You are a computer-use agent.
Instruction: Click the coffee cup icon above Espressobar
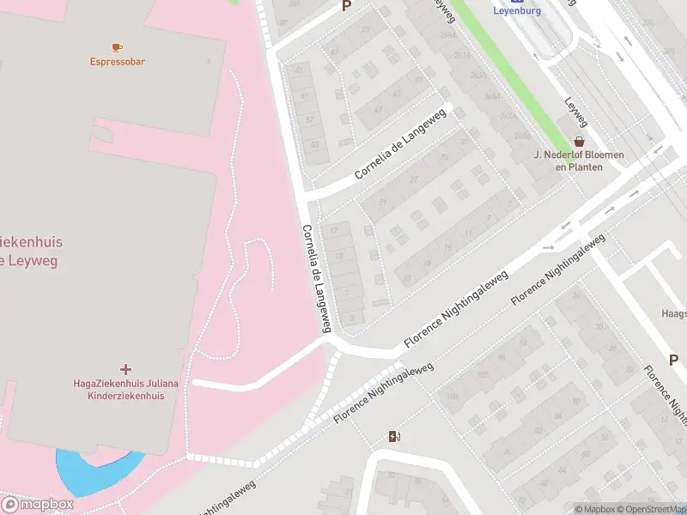point(117,47)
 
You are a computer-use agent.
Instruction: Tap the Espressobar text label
point(117,62)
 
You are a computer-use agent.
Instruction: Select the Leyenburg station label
point(517,11)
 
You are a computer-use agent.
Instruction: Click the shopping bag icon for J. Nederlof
point(580,142)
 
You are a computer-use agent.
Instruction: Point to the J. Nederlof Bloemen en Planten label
point(579,161)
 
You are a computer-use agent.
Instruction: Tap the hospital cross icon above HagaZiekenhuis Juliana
point(126,368)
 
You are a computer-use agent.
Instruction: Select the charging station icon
point(394,437)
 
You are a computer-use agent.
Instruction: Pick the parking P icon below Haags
point(674,360)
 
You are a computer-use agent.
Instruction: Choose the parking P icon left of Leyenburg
point(347,5)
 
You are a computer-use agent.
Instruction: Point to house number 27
point(414,179)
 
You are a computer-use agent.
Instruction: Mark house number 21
point(383,203)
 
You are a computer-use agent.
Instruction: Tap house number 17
point(334,230)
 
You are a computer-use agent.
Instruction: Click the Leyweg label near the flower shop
point(575,111)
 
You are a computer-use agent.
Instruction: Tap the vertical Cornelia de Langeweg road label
point(315,276)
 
